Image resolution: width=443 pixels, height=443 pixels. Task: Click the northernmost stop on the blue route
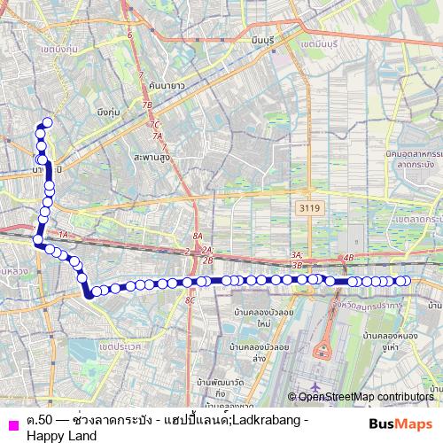[x=47, y=123]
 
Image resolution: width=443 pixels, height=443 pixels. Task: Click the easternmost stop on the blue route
[x=407, y=281]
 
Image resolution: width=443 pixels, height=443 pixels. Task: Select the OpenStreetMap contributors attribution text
[x=366, y=397]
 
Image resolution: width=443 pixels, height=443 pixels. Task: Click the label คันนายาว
[x=167, y=85]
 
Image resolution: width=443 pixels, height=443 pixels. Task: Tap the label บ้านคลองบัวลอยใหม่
[x=257, y=317]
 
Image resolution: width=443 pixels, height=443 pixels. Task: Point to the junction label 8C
[x=189, y=300]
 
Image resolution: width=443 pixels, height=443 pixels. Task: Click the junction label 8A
[x=198, y=237]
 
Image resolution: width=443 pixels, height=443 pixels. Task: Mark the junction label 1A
[x=62, y=235]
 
